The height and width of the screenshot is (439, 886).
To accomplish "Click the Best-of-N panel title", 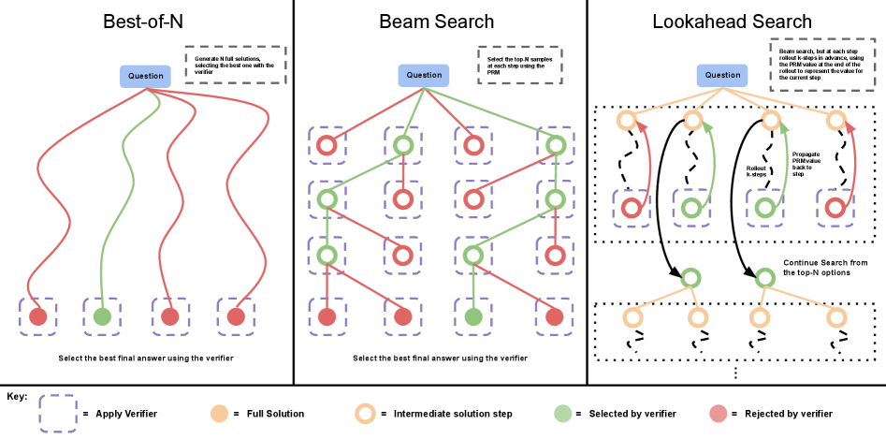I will [146, 21].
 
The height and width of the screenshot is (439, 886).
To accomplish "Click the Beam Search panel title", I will [437, 21].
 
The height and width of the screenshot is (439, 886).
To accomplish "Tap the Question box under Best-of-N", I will [145, 75].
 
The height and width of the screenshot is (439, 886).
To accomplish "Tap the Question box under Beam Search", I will [424, 75].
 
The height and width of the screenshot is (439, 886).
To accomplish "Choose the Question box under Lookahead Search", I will [721, 75].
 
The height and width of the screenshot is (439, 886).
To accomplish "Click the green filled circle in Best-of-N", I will [102, 316].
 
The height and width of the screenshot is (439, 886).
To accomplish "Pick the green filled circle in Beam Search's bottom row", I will [474, 316].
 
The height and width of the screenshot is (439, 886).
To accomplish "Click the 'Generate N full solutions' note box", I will [236, 65].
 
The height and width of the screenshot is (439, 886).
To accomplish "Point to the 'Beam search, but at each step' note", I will [822, 65].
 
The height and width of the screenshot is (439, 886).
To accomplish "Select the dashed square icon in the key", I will [57, 412].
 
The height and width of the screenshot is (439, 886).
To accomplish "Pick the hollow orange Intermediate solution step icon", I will [367, 412].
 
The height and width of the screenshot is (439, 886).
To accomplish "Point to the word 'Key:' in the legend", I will [17, 396].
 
